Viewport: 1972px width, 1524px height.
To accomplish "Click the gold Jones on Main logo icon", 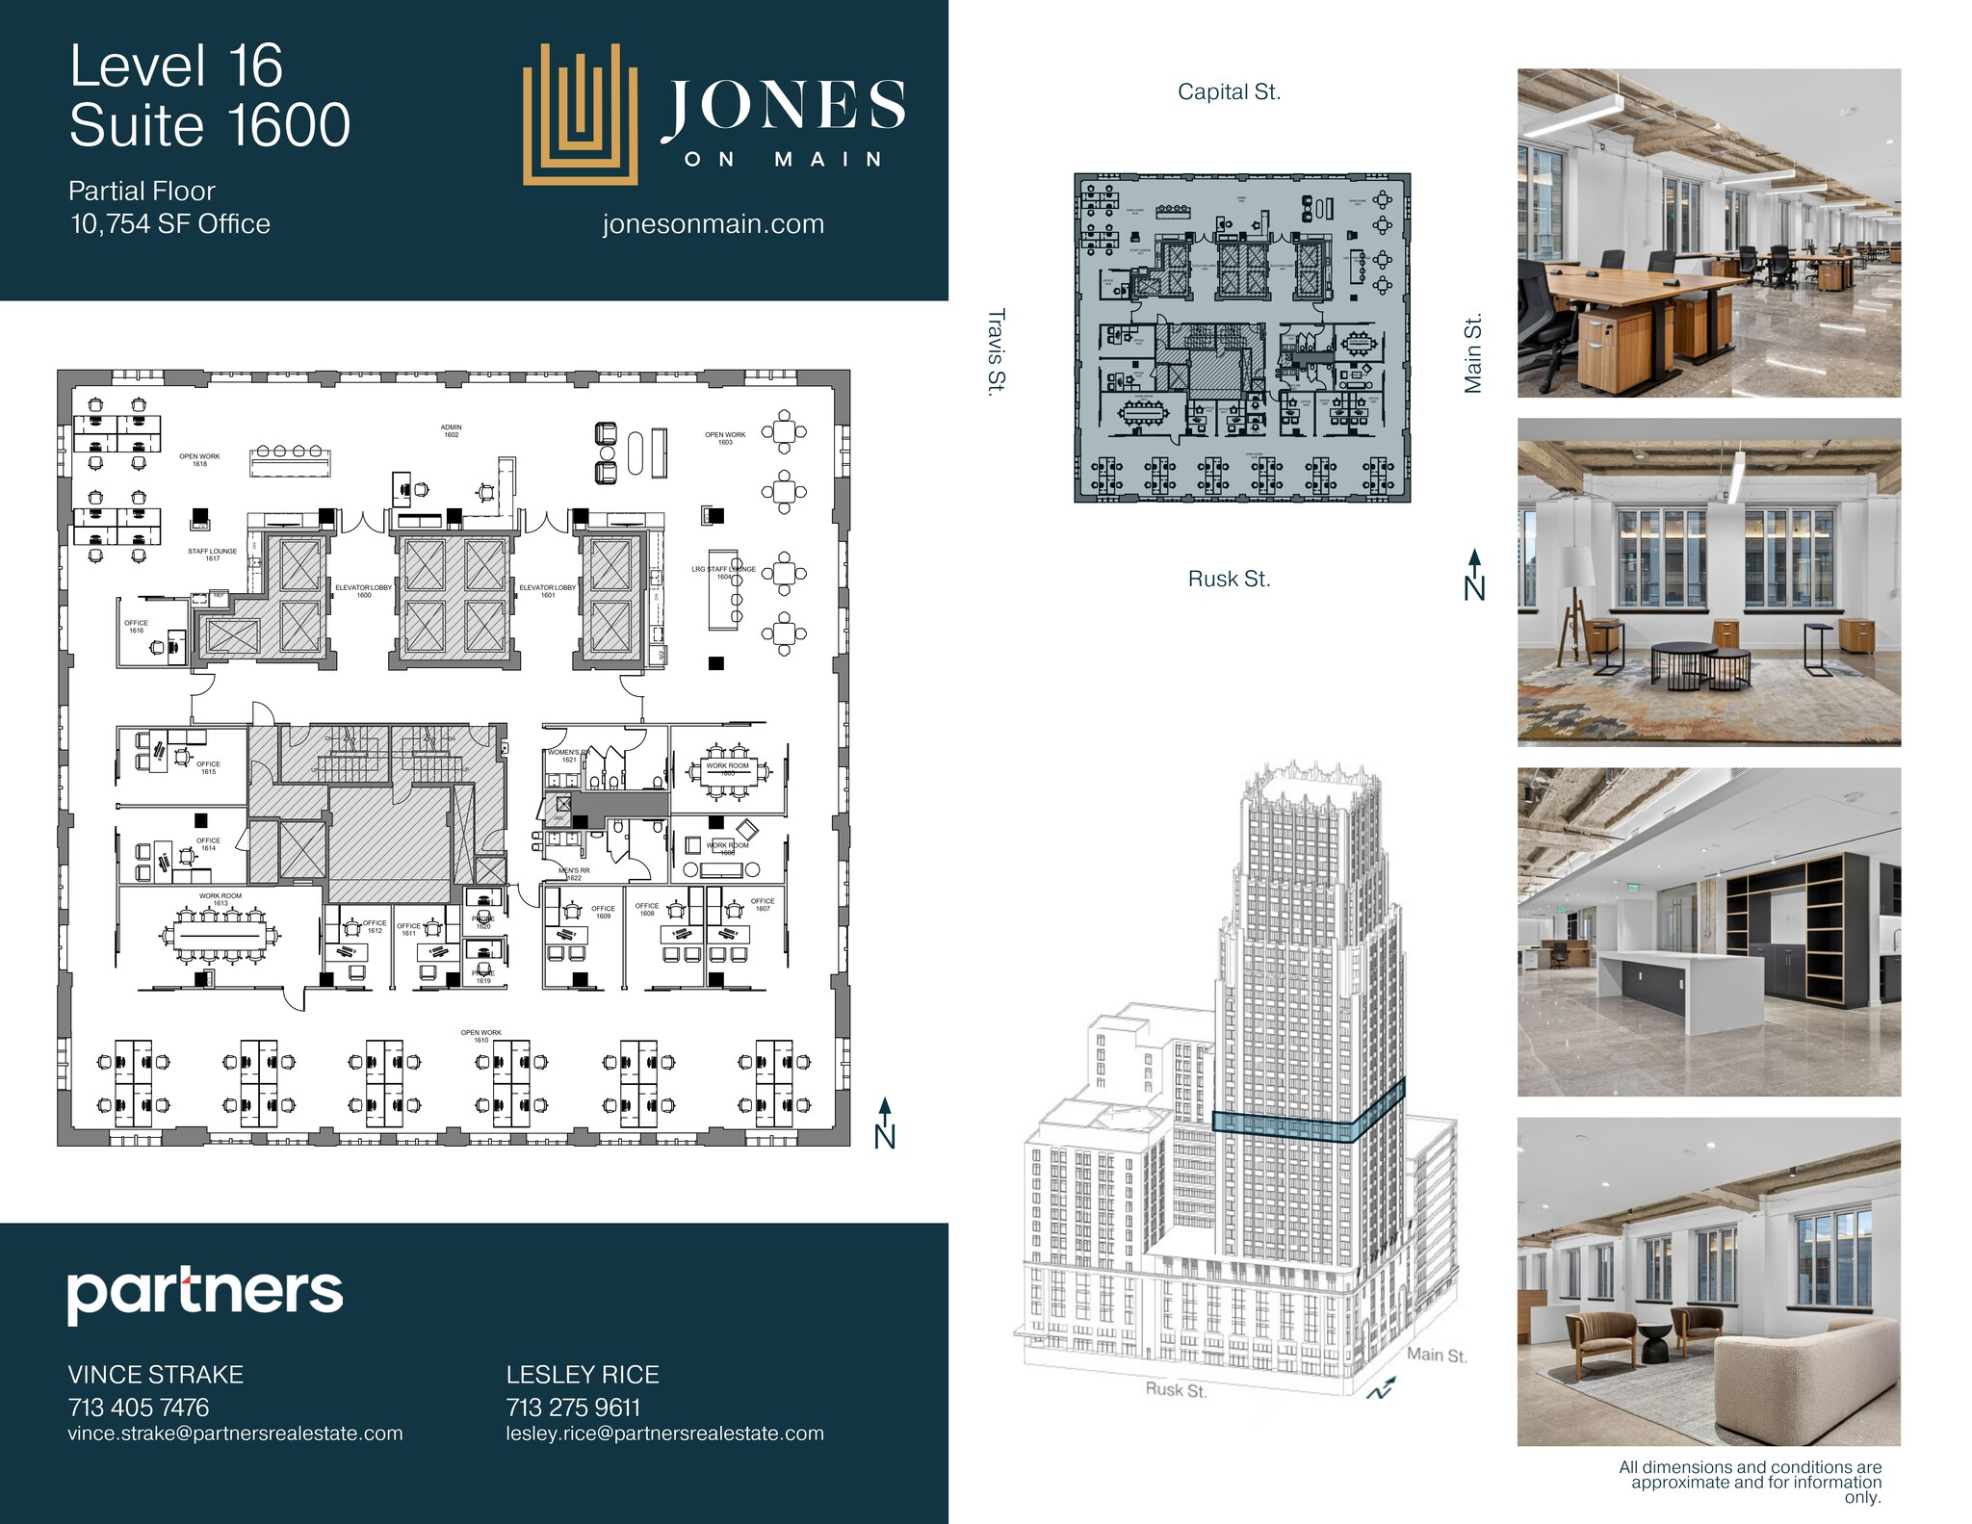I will tap(580, 114).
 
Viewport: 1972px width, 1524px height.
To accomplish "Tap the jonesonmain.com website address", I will tap(713, 224).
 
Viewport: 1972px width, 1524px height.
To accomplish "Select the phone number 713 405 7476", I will tap(139, 1408).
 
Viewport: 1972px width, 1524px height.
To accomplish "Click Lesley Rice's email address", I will tap(664, 1434).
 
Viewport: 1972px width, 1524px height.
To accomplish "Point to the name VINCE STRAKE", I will tap(155, 1375).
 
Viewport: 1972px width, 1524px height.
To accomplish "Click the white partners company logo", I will tap(204, 1294).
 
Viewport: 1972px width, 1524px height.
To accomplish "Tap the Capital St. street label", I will tap(1229, 92).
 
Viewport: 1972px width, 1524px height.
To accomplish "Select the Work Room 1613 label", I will tap(221, 899).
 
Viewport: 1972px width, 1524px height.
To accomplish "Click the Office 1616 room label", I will tap(136, 627).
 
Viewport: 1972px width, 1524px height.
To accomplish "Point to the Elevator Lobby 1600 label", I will tap(363, 591).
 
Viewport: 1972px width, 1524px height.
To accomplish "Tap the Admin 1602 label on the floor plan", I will tap(451, 431).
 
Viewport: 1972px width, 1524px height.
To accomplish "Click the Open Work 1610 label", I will tap(480, 1036).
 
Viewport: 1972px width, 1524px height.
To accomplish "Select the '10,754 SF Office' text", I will tap(170, 224).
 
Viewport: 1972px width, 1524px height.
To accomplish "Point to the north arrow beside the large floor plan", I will tap(885, 1124).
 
